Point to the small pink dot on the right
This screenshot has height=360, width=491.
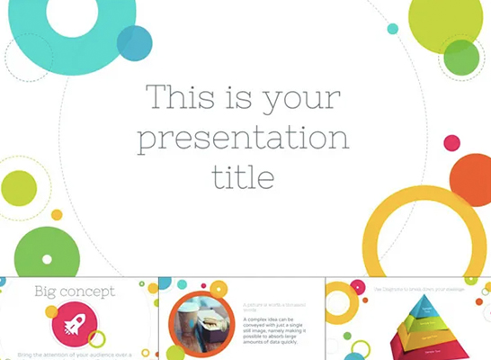click(x=451, y=142)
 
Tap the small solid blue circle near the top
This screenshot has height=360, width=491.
click(x=135, y=42)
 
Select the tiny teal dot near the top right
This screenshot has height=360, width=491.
click(x=392, y=29)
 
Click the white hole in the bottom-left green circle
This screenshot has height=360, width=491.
click(x=47, y=259)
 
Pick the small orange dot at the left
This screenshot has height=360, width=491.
click(x=57, y=215)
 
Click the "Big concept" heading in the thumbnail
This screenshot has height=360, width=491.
click(x=75, y=291)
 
